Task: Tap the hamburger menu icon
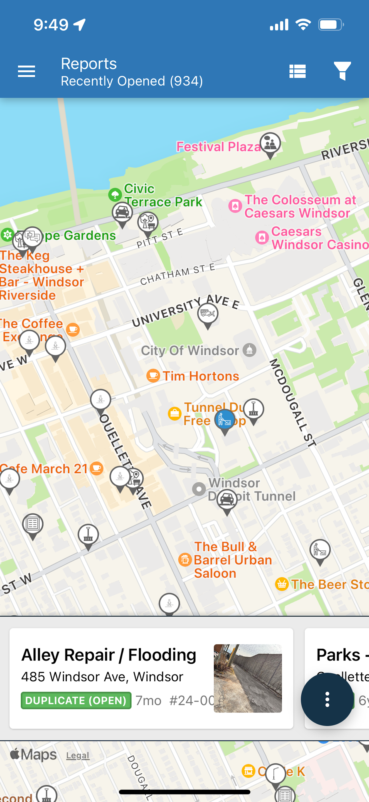27,72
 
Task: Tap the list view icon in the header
297,72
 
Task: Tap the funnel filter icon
342,71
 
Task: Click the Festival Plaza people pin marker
270,143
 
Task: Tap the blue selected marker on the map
225,419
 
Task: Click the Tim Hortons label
201,376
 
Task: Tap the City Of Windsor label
190,351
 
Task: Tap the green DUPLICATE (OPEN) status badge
76,700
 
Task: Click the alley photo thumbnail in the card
248,678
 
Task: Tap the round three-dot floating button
327,699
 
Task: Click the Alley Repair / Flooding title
109,655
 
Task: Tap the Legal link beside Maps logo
78,756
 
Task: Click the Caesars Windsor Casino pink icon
262,238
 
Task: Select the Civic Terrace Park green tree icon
115,195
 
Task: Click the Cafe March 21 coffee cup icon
96,468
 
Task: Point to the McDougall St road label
292,402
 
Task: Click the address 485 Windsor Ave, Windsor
102,677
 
